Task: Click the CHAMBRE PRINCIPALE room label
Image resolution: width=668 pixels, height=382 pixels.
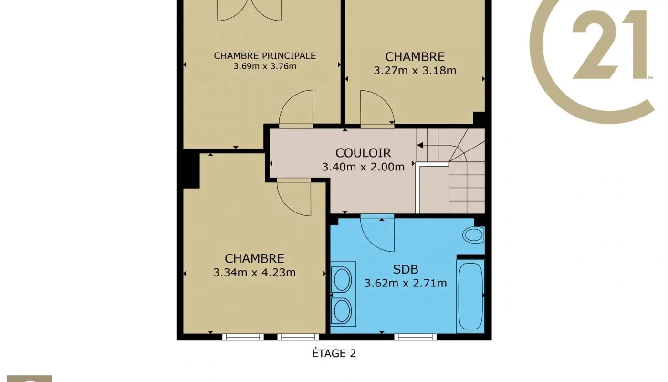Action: (265, 55)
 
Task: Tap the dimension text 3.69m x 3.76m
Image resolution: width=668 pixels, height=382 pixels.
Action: (265, 66)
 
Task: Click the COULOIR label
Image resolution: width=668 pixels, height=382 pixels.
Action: (363, 153)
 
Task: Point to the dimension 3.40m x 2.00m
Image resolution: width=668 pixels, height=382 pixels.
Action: (363, 167)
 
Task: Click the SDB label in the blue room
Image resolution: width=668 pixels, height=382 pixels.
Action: (405, 269)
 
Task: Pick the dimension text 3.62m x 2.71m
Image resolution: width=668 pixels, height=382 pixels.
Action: (405, 283)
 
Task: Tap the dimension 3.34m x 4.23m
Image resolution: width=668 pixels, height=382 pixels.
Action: (254, 273)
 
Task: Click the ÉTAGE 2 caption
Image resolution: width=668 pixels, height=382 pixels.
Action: (334, 353)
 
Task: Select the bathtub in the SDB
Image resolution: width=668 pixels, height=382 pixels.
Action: (470, 296)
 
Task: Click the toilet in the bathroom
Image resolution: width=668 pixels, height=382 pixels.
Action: (474, 235)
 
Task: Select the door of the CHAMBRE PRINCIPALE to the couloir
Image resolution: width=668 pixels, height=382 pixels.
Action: (296, 109)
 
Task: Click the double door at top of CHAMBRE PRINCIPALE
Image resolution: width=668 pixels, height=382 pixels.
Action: (249, 11)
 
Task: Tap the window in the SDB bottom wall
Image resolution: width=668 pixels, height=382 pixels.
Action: (415, 337)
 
